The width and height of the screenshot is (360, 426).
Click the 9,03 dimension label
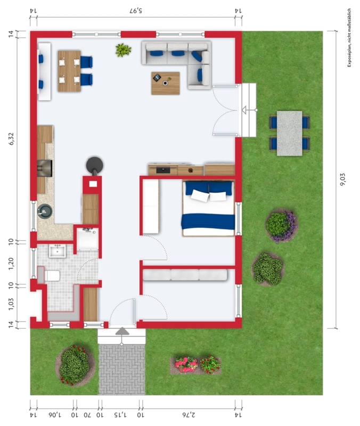click(x=343, y=179)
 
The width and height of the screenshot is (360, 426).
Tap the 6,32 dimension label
click(x=11, y=139)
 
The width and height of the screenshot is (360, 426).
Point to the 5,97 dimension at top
click(x=136, y=11)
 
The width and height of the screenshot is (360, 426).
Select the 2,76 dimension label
click(x=189, y=415)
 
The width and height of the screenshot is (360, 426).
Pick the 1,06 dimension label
click(x=55, y=415)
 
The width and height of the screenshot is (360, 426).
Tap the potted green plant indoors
click(x=124, y=50)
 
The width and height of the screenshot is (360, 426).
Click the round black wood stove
click(x=95, y=165)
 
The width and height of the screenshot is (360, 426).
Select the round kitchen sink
click(x=45, y=211)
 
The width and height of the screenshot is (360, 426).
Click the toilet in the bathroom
click(x=51, y=275)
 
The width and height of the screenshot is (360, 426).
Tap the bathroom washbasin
click(x=58, y=251)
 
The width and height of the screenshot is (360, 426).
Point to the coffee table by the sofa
click(x=166, y=83)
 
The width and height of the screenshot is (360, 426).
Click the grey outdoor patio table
click(x=289, y=133)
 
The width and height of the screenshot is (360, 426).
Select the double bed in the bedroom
click(x=208, y=208)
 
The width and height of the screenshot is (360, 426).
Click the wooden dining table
click(x=69, y=71)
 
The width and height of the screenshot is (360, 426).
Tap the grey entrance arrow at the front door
click(x=122, y=331)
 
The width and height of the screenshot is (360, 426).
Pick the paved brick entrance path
click(x=122, y=370)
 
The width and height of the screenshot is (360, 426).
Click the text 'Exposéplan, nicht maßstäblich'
click(x=349, y=37)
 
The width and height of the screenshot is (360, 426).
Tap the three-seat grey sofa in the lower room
click(x=185, y=275)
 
